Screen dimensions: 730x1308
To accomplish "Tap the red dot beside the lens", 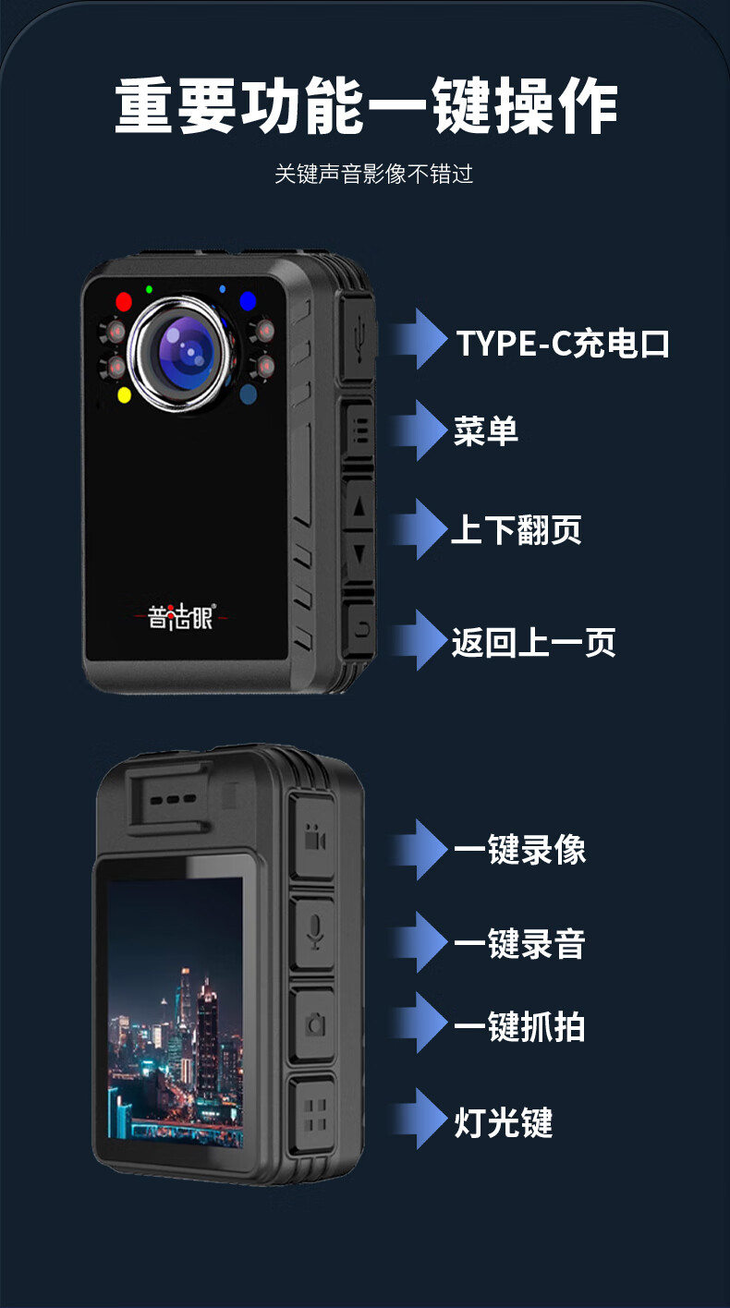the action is point(124,302).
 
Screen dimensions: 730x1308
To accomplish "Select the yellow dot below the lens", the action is point(125,395).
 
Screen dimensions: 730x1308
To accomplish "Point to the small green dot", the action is point(149,289).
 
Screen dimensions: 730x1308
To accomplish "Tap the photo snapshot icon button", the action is point(314,1024).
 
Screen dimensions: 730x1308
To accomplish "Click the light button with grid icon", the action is point(314,1115).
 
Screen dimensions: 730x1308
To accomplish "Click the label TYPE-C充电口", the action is point(563,343).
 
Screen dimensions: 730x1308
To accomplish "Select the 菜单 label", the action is point(486,431).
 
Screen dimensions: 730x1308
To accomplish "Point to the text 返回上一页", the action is point(534,642).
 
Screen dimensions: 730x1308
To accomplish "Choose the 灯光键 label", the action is point(503,1121).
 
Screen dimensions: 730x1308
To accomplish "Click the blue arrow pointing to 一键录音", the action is point(420,941).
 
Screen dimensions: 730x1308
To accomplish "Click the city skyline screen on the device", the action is point(176,1011).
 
